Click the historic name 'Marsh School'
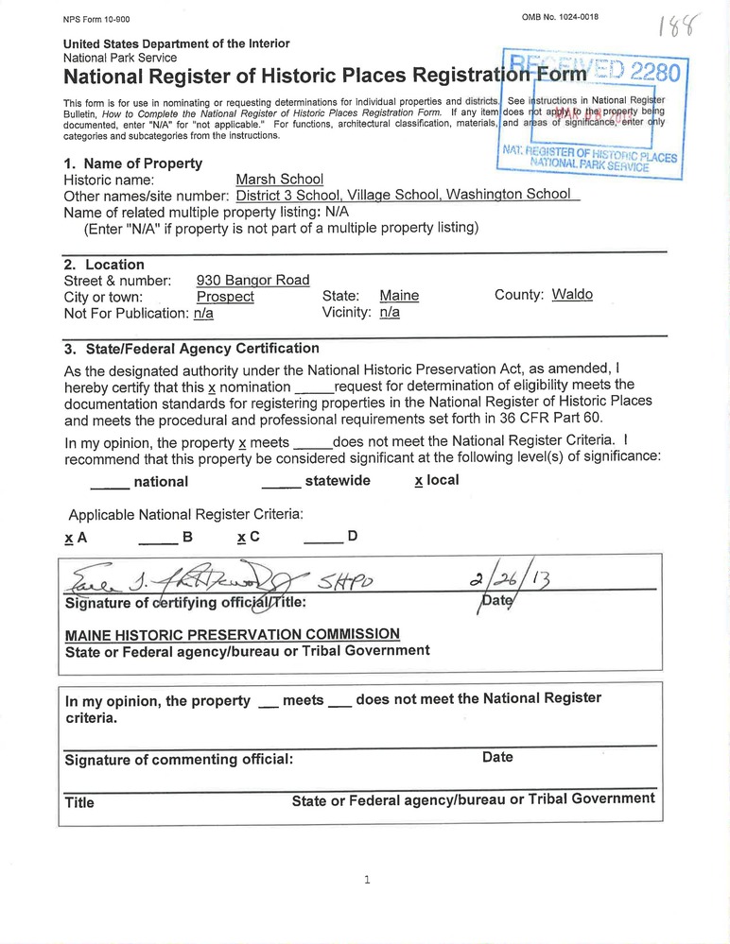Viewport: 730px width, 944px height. tap(279, 179)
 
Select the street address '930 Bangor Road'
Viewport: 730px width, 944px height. tap(252, 280)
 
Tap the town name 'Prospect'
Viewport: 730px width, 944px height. tap(225, 296)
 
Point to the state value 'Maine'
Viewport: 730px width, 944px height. tap(399, 296)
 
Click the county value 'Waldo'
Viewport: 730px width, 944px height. tap(572, 294)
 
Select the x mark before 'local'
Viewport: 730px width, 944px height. tap(418, 480)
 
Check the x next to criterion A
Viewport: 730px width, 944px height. tap(68, 537)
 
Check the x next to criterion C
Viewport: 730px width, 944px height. tap(241, 537)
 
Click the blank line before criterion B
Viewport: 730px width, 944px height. tap(158, 540)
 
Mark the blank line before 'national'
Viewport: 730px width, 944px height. tap(110, 484)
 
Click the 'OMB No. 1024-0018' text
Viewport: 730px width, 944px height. tap(560, 17)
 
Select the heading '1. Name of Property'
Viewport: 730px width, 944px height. tap(132, 163)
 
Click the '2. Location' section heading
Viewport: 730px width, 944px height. tap(104, 265)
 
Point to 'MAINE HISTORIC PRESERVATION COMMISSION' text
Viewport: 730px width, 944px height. tap(232, 633)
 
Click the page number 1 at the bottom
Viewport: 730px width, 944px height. tap(366, 880)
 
